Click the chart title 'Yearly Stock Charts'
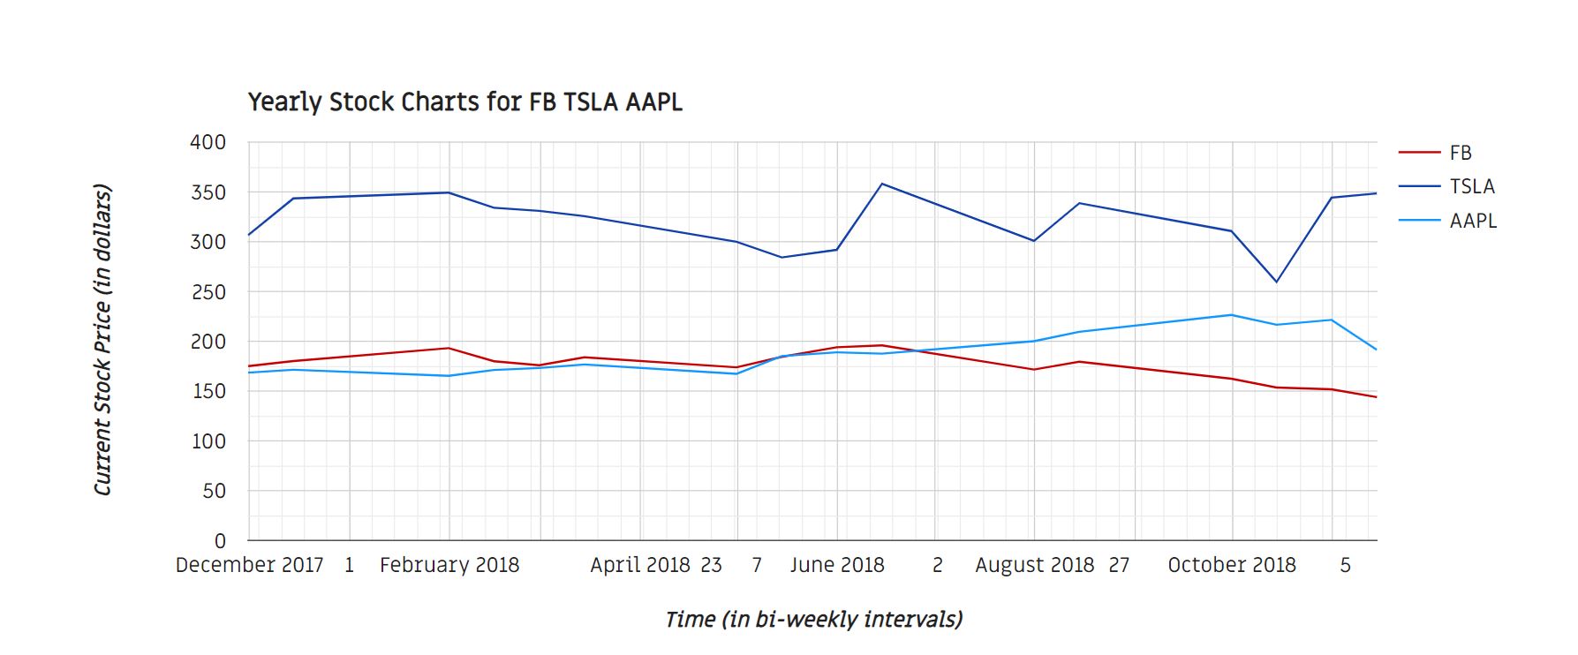click(x=464, y=102)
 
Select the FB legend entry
click(x=1460, y=153)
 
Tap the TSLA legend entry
click(x=1471, y=186)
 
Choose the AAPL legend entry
click(x=1473, y=221)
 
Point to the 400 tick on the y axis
click(x=208, y=142)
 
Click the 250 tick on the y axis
click(x=208, y=292)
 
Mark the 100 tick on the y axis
click(x=208, y=441)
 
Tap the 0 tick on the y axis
click(x=220, y=540)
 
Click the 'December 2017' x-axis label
click(x=249, y=565)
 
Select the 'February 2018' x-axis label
click(x=449, y=565)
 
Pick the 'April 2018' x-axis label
click(x=640, y=565)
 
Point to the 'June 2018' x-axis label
click(x=837, y=565)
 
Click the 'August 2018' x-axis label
click(x=1034, y=565)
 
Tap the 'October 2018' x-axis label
click(x=1232, y=565)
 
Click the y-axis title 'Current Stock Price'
click(x=103, y=340)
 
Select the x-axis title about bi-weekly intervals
click(x=813, y=620)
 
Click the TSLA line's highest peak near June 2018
click(x=882, y=184)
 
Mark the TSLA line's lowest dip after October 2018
click(x=1276, y=282)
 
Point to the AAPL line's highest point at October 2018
click(x=1232, y=315)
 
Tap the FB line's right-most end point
click(x=1376, y=397)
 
